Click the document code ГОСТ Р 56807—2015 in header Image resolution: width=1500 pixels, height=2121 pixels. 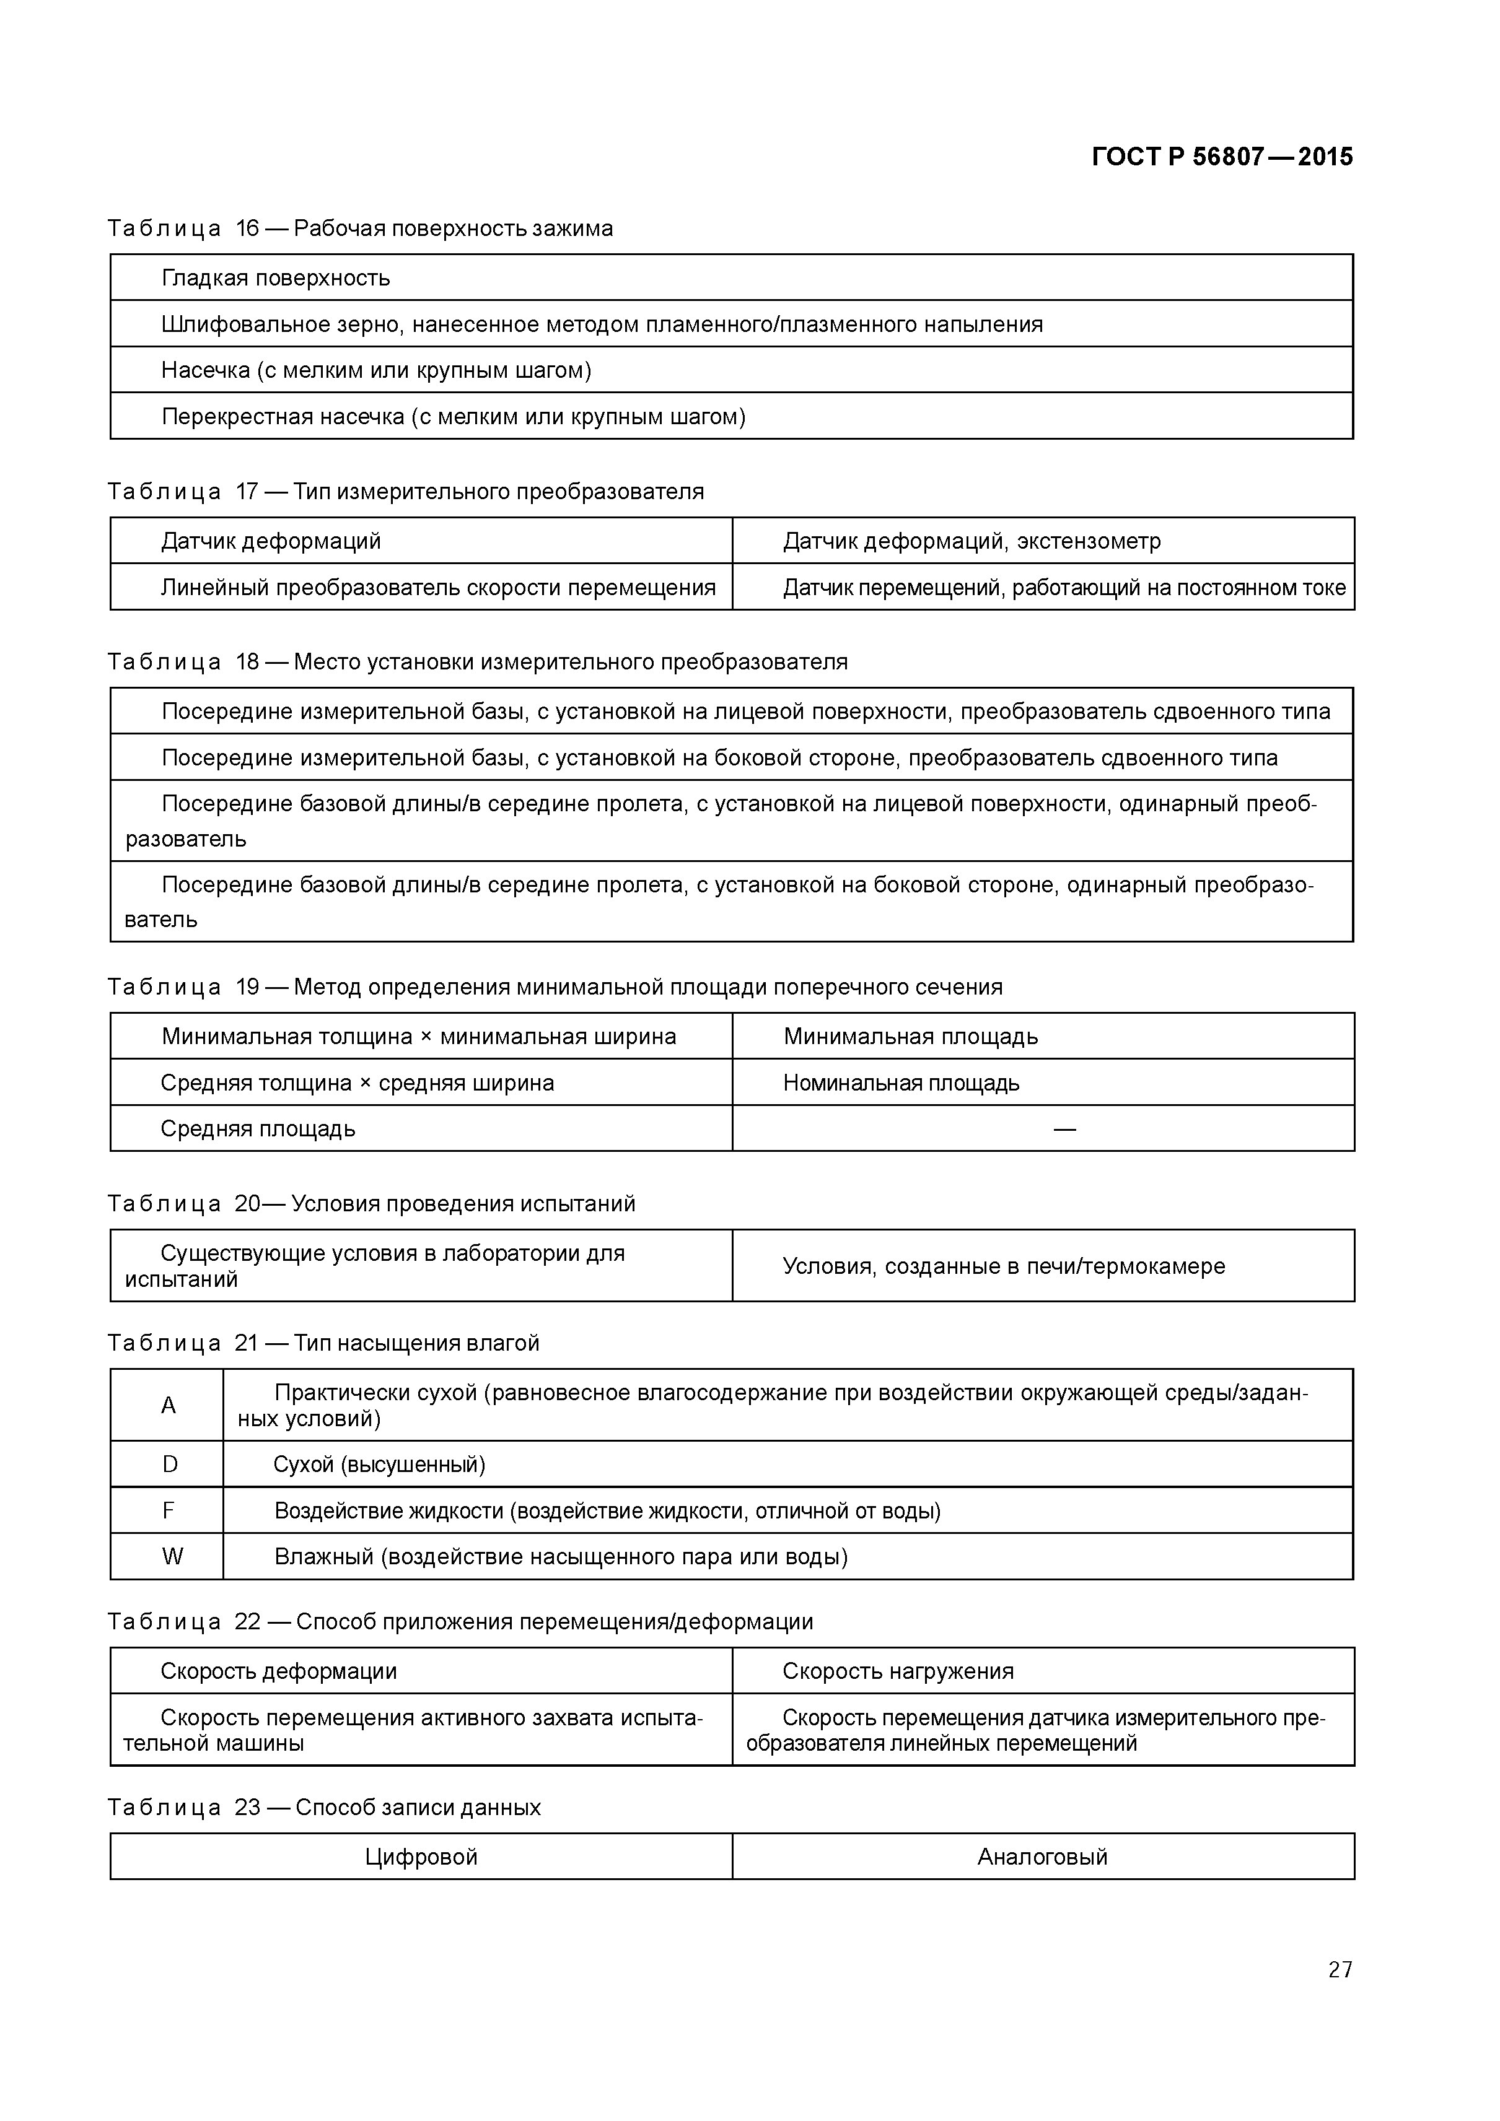pyautogui.click(x=1221, y=157)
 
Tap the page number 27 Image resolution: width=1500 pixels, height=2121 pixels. pyautogui.click(x=1339, y=1995)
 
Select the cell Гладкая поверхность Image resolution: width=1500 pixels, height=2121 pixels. pyautogui.click(x=276, y=278)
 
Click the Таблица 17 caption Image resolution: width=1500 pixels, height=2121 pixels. pyautogui.click(x=405, y=492)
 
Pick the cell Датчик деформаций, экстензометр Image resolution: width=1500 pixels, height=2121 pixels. pyautogui.click(x=971, y=541)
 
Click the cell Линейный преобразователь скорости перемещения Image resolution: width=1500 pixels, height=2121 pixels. pyautogui.click(x=438, y=588)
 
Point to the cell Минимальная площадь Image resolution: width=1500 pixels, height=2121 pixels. pyautogui.click(x=910, y=1037)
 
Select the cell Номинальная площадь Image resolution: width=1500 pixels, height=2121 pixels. pyautogui.click(x=901, y=1082)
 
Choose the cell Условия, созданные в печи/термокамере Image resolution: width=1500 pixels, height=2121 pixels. pyautogui.click(x=1004, y=1266)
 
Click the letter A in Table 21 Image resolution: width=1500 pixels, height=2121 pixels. pyautogui.click(x=168, y=1405)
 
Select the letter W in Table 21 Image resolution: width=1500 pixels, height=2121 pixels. pyautogui.click(x=172, y=1557)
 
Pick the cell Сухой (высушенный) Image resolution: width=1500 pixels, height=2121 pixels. pyautogui.click(x=379, y=1464)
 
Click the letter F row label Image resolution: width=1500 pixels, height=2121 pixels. pyautogui.click(x=168, y=1510)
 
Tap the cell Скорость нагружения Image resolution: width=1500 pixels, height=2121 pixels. pyautogui.click(x=897, y=1671)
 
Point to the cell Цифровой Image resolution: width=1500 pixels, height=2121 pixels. pyautogui.click(x=421, y=1857)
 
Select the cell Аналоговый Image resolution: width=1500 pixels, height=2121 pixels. pyautogui.click(x=1043, y=1857)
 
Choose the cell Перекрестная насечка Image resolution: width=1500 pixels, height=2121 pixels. pyautogui.click(x=453, y=417)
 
